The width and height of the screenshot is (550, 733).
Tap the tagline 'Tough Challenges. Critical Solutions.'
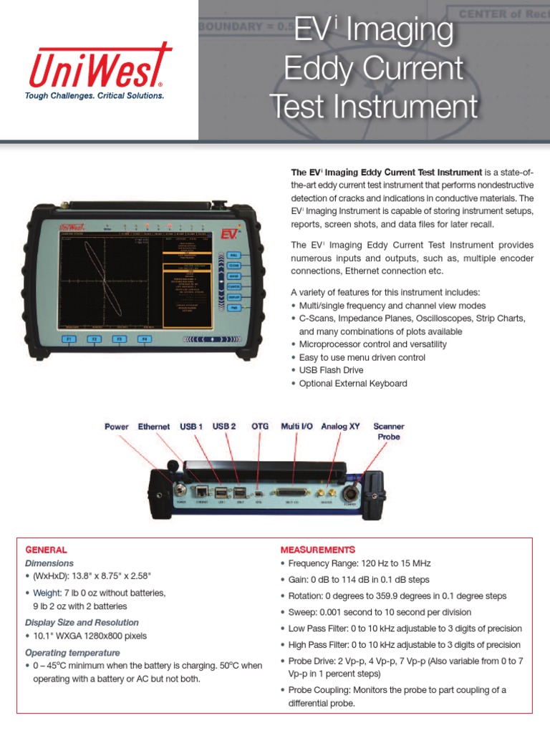(95, 95)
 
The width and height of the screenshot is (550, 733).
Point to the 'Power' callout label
(117, 427)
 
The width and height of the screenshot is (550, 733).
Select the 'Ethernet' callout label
(154, 427)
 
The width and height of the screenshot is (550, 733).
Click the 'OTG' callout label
(260, 427)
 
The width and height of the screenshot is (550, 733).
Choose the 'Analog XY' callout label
(340, 427)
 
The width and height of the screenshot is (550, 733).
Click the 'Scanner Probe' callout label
(389, 431)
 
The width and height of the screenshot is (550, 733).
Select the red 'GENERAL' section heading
(47, 550)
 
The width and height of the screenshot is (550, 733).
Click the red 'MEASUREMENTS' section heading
(317, 550)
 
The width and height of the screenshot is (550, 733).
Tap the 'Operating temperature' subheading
(72, 653)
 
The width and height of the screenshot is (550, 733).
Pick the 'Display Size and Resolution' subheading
(82, 623)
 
